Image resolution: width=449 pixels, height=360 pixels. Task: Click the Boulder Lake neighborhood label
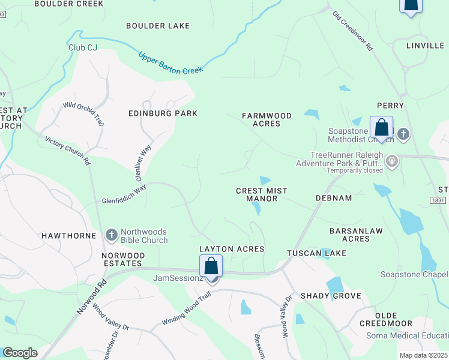coord(158,26)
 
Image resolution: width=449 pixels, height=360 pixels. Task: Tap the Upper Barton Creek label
coord(170,62)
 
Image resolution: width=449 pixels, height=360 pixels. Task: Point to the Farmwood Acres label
coord(267,119)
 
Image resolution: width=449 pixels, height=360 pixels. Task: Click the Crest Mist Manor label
coord(261,194)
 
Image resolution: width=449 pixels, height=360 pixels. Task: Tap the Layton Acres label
coord(232,249)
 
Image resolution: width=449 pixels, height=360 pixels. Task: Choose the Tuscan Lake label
coord(316,253)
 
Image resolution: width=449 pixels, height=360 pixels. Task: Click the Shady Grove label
coord(331,296)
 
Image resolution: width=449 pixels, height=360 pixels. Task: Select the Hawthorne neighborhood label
coord(68,236)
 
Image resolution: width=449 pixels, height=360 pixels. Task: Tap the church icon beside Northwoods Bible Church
coord(111,233)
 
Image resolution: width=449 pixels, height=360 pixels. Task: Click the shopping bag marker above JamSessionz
coord(211,265)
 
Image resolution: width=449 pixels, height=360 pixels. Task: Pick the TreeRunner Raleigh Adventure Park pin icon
coord(393,161)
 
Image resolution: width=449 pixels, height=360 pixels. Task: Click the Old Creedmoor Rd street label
coord(354,30)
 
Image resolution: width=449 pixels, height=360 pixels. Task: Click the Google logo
coord(20,353)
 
